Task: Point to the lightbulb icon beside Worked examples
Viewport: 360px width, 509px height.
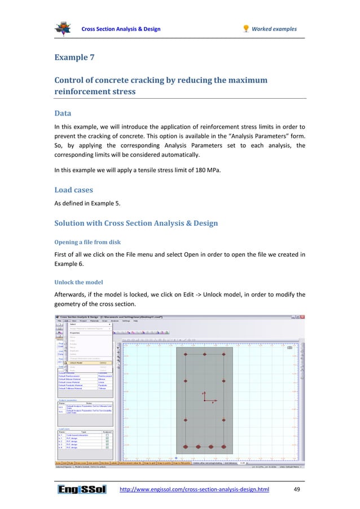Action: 245,29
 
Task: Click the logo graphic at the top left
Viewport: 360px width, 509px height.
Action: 63,28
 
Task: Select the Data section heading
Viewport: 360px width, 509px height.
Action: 64,113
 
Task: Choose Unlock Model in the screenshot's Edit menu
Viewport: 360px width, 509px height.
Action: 79,363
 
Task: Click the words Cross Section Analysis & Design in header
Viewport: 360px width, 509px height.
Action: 121,29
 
